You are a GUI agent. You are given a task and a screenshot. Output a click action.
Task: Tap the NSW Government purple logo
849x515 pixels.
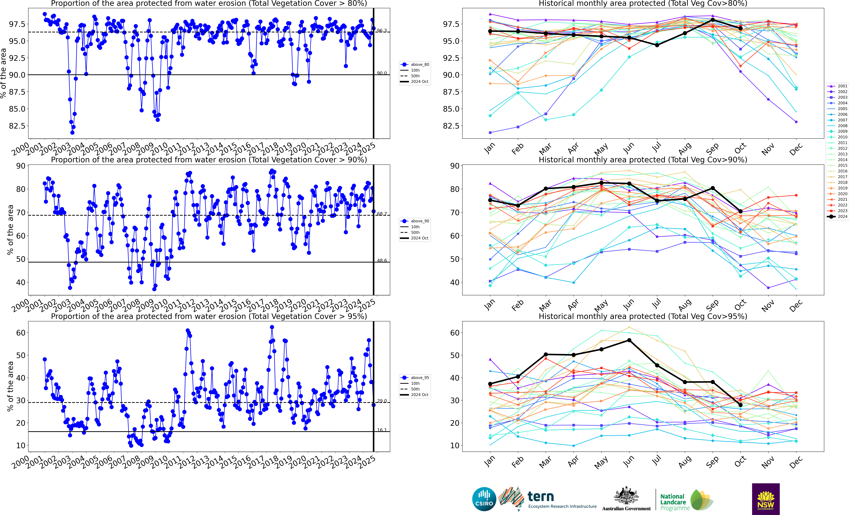click(766, 499)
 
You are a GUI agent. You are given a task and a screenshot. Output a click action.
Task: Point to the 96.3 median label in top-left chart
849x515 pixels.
click(381, 31)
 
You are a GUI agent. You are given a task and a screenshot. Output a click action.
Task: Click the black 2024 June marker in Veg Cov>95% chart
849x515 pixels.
click(629, 340)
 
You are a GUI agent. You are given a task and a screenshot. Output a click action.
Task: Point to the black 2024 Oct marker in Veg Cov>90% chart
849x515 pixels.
click(740, 212)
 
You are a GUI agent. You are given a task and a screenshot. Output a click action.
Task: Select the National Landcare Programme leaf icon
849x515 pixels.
click(702, 499)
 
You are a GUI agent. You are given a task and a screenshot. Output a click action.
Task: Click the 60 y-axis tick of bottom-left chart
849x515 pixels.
click(21, 333)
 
